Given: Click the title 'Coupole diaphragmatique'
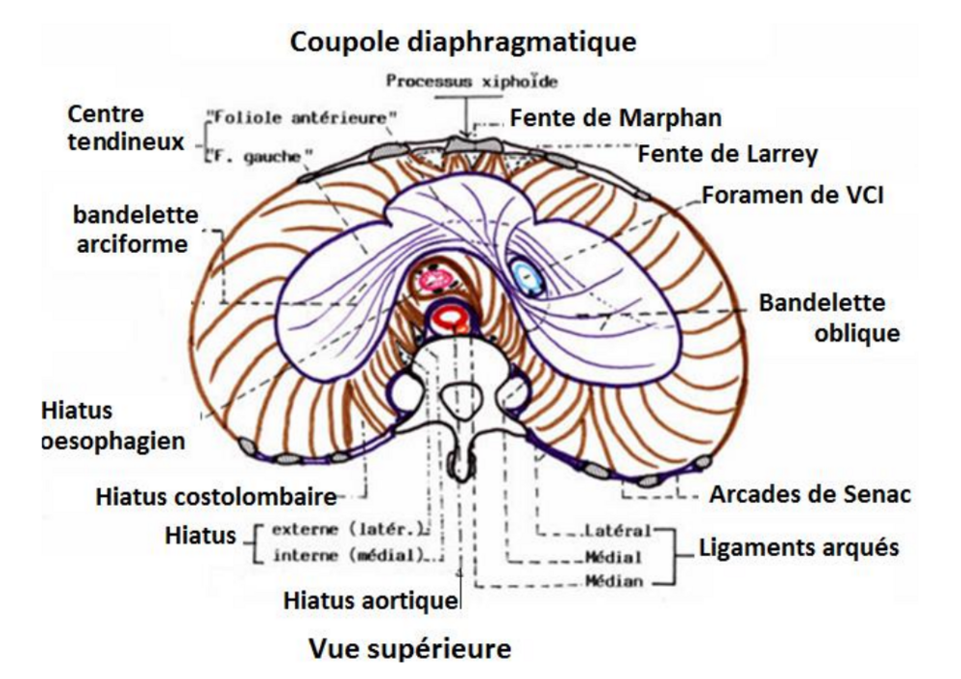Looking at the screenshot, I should (x=464, y=42).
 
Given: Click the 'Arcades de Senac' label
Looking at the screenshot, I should (x=809, y=496).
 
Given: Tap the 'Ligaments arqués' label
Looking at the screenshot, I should (x=797, y=547).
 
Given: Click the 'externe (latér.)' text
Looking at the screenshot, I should (x=347, y=530).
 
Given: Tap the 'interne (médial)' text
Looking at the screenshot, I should (x=347, y=555).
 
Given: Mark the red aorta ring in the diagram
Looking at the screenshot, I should (x=451, y=318).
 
